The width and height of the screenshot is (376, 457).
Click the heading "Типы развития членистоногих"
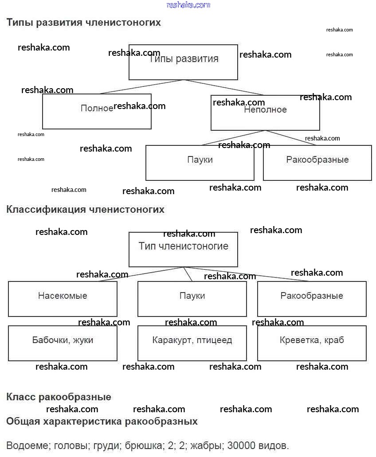coord(83,22)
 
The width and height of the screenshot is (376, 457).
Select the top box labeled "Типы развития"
coord(183,62)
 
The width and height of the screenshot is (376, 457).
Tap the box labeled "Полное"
coord(97,111)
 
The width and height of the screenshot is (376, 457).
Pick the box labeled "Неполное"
coord(265,113)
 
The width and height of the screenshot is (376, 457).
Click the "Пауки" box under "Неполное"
coord(200,163)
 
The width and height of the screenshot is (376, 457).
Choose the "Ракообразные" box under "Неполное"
coord(317,163)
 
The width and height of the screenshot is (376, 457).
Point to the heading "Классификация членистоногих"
coord(85,209)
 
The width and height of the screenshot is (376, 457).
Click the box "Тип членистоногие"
coord(183,249)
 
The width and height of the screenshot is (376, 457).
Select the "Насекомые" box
coord(63,299)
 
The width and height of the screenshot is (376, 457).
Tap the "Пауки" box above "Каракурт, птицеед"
coord(192,299)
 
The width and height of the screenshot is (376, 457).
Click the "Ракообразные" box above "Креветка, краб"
coord(312,299)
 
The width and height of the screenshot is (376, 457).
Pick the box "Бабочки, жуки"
coord(63,343)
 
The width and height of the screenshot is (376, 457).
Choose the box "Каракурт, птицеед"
coord(192,343)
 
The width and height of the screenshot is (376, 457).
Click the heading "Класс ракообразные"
coord(59,397)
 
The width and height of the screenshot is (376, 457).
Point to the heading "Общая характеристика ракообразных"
coord(102,421)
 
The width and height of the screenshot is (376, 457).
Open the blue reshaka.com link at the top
coord(188,5)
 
